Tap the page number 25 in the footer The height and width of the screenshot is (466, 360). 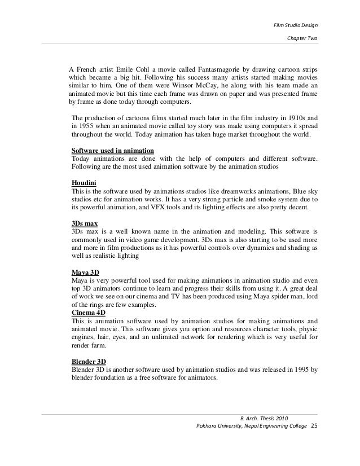315,425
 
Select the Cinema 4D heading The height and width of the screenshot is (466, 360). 89,312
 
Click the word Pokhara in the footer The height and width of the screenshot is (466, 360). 204,425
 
